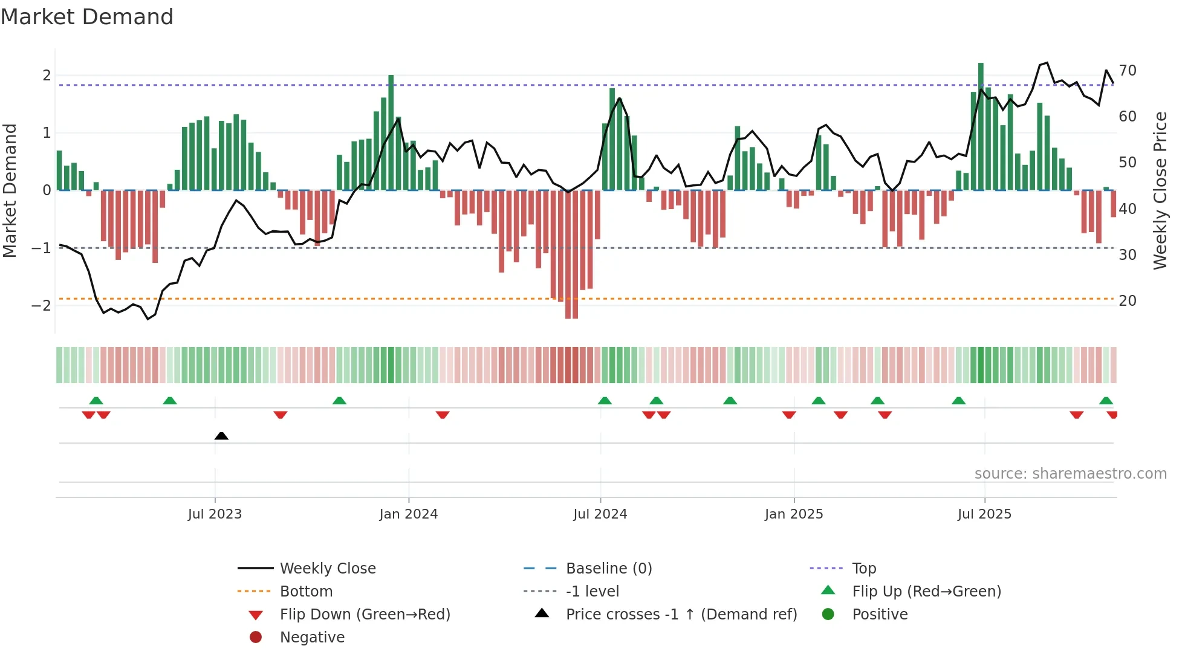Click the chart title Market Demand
(x=87, y=17)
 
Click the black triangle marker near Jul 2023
(x=221, y=436)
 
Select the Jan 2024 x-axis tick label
(x=408, y=514)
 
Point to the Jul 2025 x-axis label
(x=984, y=514)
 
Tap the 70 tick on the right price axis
(x=1127, y=71)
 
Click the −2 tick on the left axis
(x=41, y=305)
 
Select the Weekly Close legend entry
(x=327, y=569)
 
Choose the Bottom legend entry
(x=306, y=592)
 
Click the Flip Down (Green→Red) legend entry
(x=365, y=615)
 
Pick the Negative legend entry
(x=312, y=638)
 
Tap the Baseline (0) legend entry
(x=608, y=569)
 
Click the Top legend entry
(x=863, y=569)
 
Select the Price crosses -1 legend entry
(x=681, y=615)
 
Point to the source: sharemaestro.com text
(x=1070, y=474)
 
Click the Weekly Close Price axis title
(x=1160, y=190)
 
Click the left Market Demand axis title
(x=10, y=190)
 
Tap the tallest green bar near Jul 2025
(x=981, y=127)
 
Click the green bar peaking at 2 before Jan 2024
(x=391, y=133)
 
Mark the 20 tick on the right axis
(x=1127, y=301)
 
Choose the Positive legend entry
(x=879, y=615)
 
